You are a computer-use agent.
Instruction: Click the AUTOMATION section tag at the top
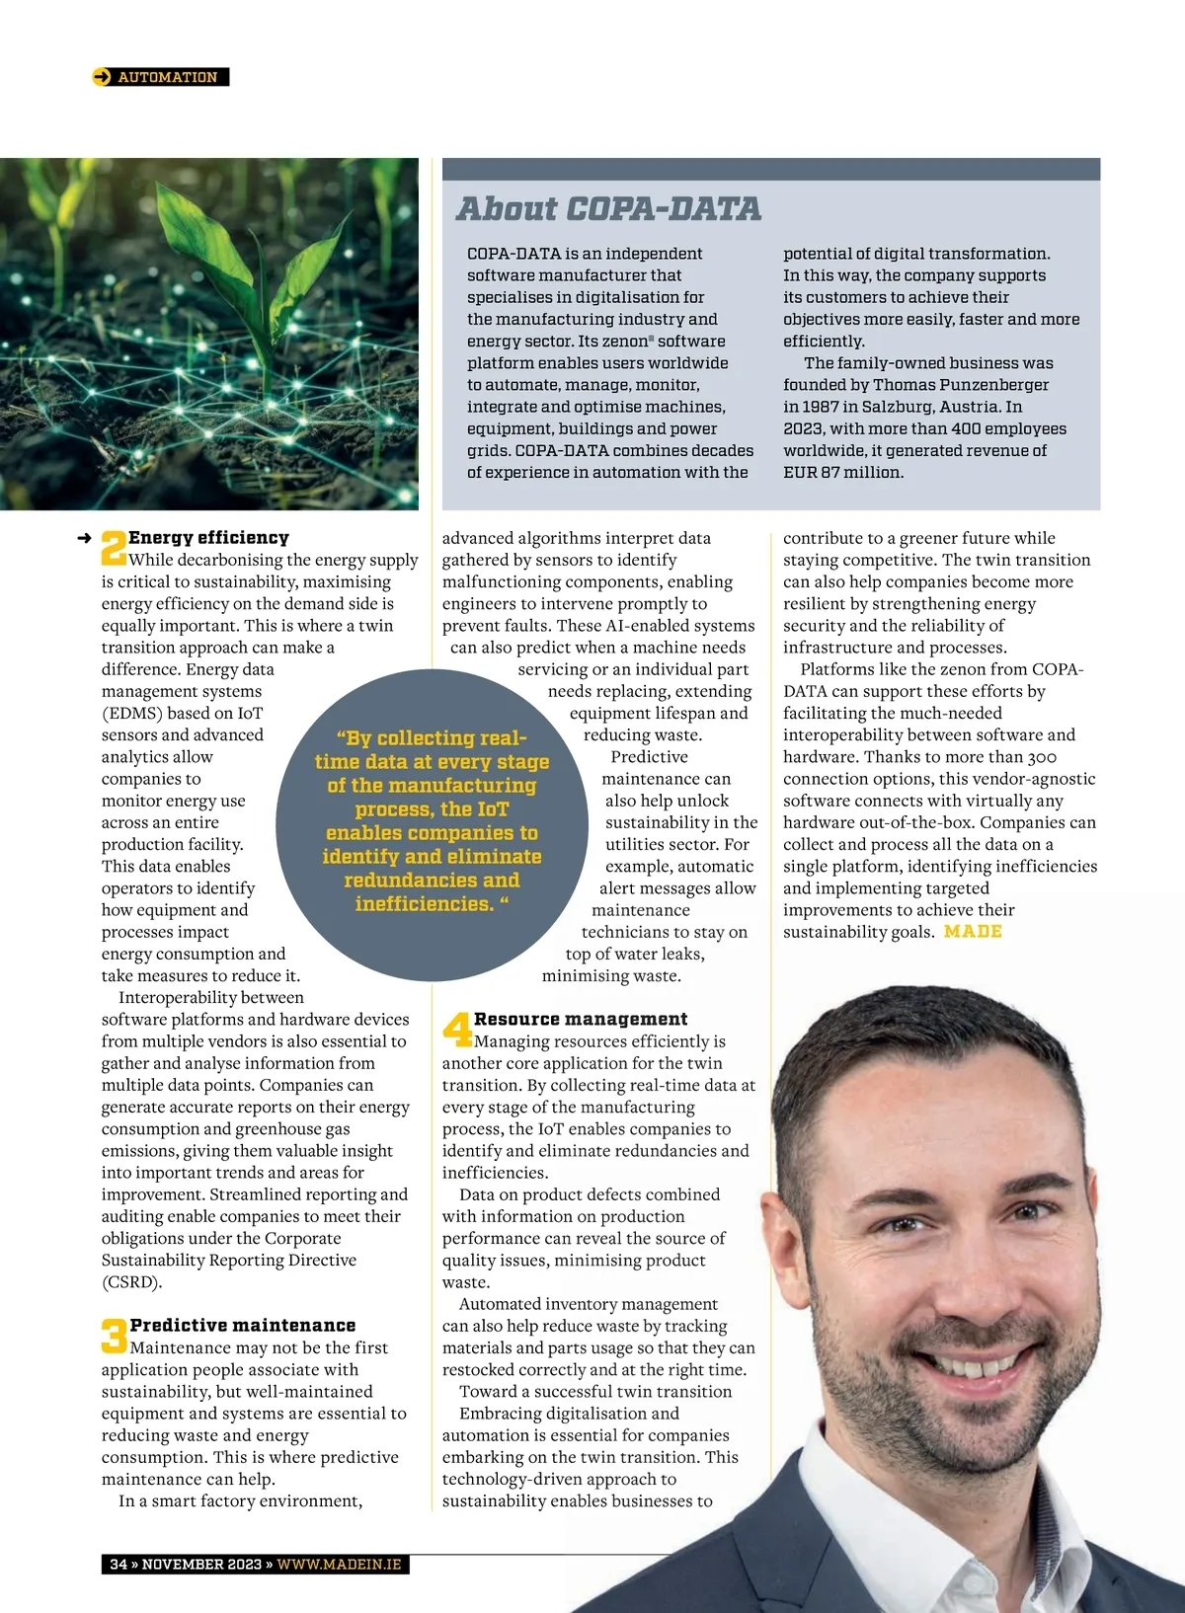[167, 77]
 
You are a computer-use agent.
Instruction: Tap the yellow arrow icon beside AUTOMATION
[102, 77]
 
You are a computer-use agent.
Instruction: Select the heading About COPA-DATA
[608, 208]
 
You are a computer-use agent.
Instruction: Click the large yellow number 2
[114, 548]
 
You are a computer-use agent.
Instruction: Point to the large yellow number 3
[114, 1337]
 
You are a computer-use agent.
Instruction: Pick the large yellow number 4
[457, 1030]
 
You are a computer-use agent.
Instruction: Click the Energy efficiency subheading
[208, 537]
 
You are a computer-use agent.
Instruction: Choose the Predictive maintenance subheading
[243, 1325]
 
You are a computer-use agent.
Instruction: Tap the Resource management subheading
[581, 1019]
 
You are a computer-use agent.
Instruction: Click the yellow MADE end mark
[973, 931]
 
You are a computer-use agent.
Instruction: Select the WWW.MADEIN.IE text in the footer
[339, 1564]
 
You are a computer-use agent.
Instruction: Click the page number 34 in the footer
[118, 1564]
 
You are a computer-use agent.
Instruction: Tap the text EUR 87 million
[842, 472]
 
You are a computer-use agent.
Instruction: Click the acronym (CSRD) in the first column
[131, 1281]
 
